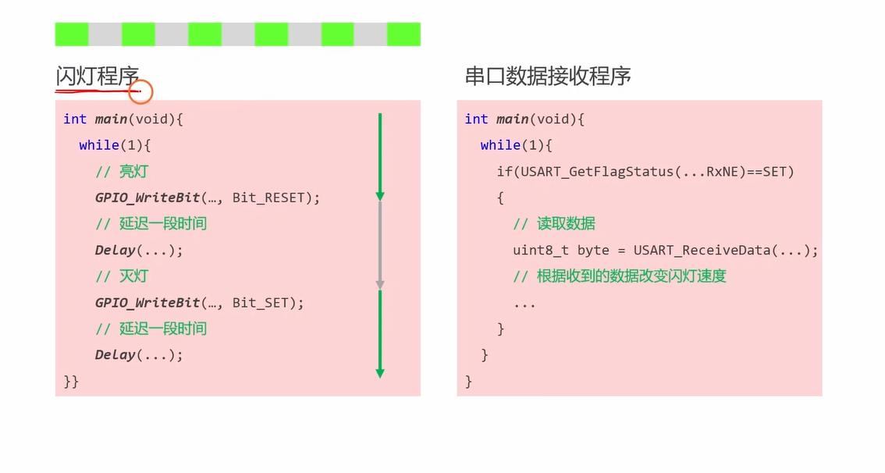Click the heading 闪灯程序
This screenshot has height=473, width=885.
(97, 76)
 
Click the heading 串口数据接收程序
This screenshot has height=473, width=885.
(547, 76)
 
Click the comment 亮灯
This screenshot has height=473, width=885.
(133, 172)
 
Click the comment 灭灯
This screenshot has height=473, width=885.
(133, 276)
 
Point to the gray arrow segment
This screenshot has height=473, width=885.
(380, 244)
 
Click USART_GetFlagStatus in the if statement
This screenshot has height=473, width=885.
(588, 171)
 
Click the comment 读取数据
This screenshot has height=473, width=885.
(566, 224)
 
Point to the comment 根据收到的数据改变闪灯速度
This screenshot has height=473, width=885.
(631, 276)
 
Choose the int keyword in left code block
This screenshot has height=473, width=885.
(75, 119)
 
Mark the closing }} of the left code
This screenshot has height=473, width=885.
(71, 381)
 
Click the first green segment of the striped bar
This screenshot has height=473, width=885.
(72, 34)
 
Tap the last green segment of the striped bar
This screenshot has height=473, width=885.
(403, 34)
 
